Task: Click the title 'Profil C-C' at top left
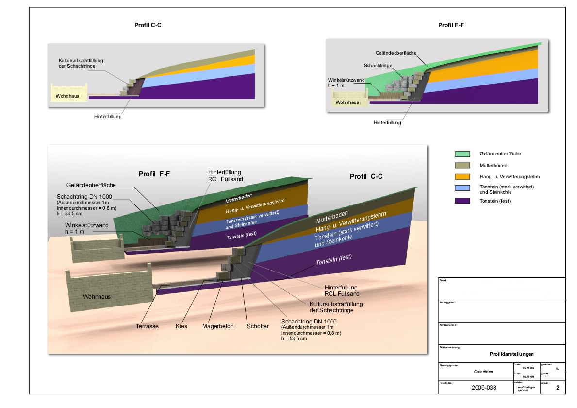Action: click(x=148, y=25)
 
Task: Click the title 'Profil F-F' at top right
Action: click(x=451, y=25)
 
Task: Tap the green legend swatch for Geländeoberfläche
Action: click(x=462, y=154)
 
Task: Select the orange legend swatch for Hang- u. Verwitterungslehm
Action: click(x=462, y=177)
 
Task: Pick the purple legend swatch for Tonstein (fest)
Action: click(x=462, y=201)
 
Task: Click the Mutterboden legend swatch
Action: click(x=462, y=166)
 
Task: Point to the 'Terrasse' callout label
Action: click(x=147, y=326)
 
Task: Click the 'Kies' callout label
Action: click(x=181, y=326)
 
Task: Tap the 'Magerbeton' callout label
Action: click(x=218, y=326)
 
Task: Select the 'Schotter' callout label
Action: click(x=257, y=326)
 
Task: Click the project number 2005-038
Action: click(x=484, y=388)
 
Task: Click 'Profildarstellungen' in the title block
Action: click(x=511, y=354)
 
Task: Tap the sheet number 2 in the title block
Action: click(x=558, y=388)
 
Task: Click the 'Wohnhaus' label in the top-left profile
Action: click(x=67, y=97)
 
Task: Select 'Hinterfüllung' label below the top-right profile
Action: click(x=387, y=123)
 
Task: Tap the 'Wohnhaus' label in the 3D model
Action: click(x=97, y=297)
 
